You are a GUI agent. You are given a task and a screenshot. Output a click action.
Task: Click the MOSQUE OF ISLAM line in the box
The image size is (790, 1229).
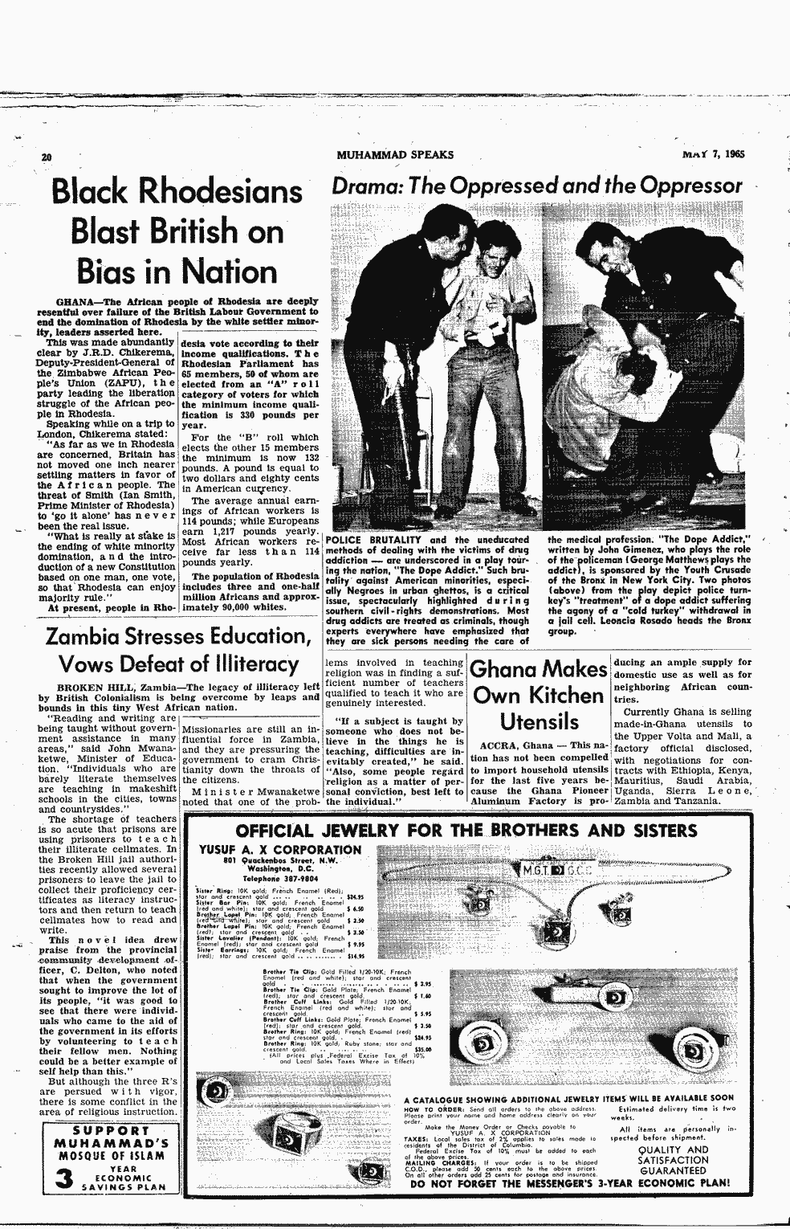[110, 1156]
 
